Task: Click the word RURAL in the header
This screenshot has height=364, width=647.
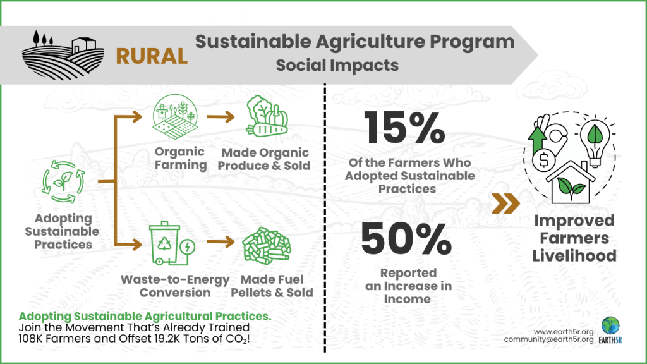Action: coord(152,56)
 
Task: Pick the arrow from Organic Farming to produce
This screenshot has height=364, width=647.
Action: coord(221,118)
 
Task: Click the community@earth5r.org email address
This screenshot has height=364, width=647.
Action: coord(548,339)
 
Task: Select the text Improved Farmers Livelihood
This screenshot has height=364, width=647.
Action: coord(574,238)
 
